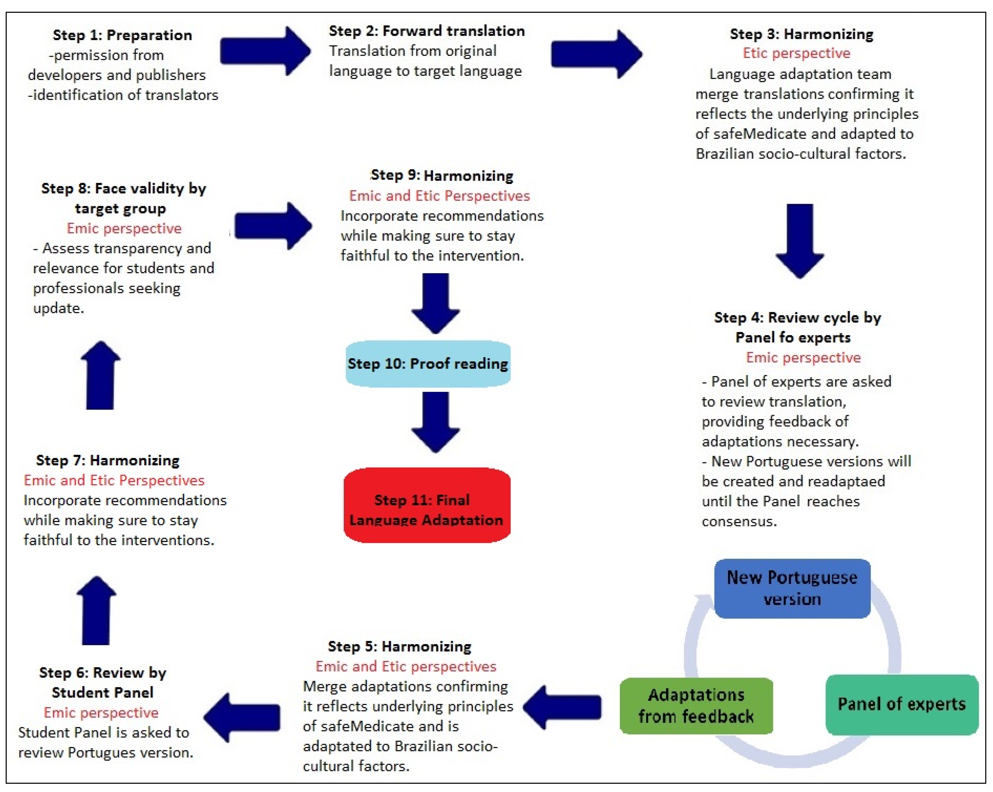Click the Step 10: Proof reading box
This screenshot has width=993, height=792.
(x=428, y=364)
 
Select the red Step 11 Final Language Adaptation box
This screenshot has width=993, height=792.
(x=427, y=505)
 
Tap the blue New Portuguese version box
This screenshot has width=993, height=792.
(x=792, y=588)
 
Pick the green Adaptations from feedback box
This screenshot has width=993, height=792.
(x=696, y=705)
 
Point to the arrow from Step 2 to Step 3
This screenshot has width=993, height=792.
(x=596, y=54)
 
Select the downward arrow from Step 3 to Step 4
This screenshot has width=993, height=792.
(x=800, y=240)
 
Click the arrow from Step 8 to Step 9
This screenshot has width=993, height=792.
(x=273, y=226)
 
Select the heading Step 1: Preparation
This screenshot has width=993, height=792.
(x=122, y=35)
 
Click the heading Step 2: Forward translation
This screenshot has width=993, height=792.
(x=426, y=31)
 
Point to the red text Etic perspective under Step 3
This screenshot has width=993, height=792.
(x=796, y=53)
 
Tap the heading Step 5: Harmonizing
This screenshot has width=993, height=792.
(x=399, y=646)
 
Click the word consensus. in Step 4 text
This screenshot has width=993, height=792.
(x=739, y=521)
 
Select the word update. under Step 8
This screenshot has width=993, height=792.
(x=58, y=308)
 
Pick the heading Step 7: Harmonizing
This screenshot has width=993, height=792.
(x=108, y=460)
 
